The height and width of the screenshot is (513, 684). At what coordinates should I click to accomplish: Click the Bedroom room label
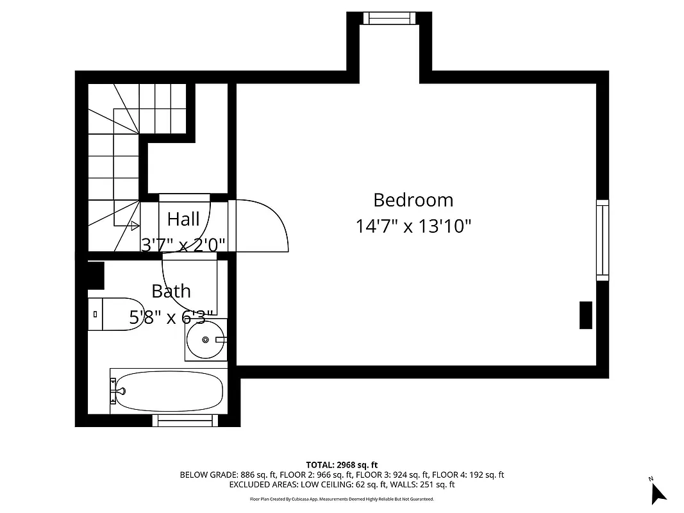point(413,200)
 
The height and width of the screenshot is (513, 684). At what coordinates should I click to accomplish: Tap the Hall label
point(183,219)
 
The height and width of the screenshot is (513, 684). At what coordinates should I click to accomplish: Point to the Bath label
point(171,291)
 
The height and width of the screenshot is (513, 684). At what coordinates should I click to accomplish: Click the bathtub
point(168,391)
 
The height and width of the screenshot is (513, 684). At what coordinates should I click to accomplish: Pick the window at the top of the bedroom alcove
point(389,19)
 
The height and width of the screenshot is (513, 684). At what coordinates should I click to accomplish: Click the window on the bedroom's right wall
point(603,240)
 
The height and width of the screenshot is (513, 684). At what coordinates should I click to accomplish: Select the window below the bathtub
point(185,421)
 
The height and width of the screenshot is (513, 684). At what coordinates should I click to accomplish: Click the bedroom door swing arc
point(269,224)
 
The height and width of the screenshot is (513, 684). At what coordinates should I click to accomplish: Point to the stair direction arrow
point(135,225)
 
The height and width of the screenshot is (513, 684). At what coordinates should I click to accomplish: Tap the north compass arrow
point(658,492)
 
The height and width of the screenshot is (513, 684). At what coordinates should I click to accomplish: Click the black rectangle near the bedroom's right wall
point(585,315)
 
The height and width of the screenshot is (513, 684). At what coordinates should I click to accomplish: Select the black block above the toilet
point(96,276)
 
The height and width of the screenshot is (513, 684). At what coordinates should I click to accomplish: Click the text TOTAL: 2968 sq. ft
point(342,464)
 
